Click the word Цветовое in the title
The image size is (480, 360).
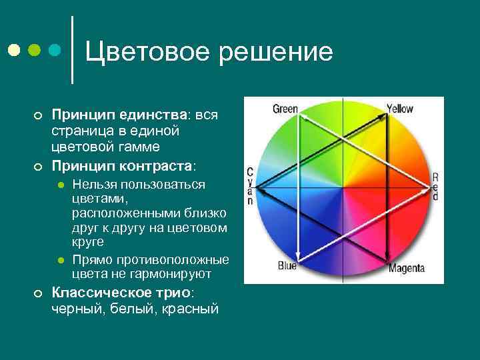[144, 51]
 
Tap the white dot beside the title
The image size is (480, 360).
[14, 51]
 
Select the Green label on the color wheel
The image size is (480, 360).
[285, 109]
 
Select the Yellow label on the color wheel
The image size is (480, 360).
[400, 109]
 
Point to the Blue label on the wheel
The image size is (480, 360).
[287, 265]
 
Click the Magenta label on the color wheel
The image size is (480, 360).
[407, 269]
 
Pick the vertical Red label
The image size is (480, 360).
[435, 187]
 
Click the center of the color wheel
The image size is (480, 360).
[343, 189]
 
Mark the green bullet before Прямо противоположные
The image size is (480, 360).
[59, 260]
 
